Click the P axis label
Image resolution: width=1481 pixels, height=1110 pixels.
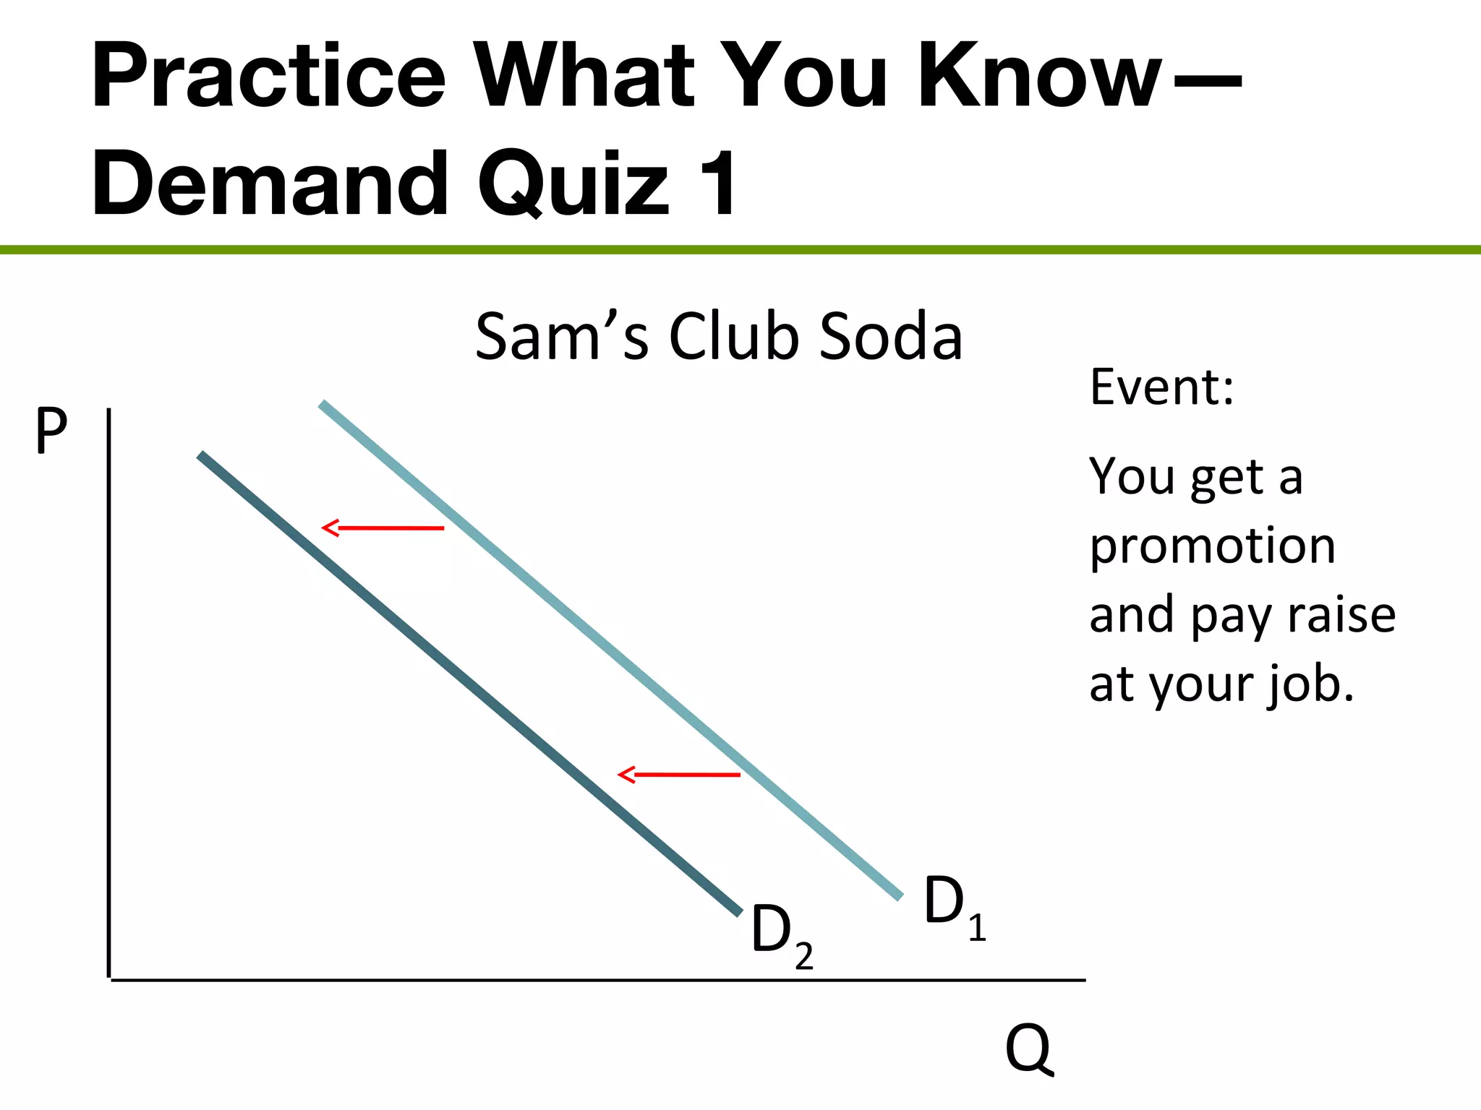[x=51, y=431]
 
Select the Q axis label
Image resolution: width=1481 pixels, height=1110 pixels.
[x=1029, y=1049]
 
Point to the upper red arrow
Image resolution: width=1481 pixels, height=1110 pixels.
[x=383, y=528]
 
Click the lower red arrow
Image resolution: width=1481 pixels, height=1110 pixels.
[x=679, y=775]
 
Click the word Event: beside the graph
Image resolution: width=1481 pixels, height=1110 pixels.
[x=1161, y=387]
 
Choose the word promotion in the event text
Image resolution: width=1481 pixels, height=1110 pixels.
[x=1212, y=546]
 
